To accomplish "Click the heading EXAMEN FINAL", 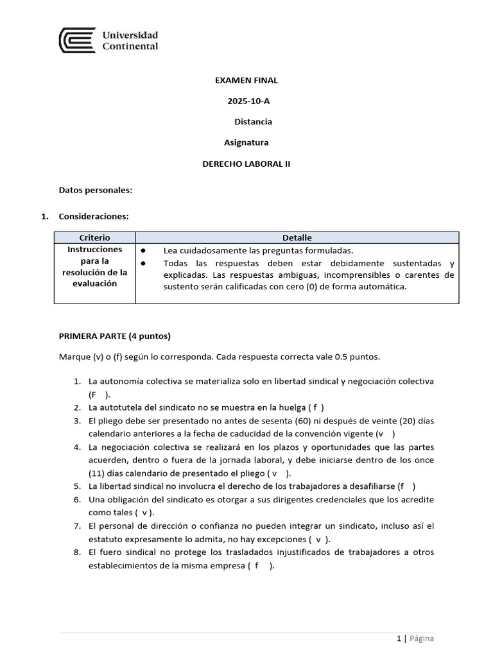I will (246, 80).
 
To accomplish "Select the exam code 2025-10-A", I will (246, 101).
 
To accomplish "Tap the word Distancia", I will (253, 121).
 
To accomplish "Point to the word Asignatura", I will (246, 142).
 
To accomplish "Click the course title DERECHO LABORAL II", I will (246, 164).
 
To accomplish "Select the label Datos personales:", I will (96, 190).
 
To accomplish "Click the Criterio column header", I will (94, 237).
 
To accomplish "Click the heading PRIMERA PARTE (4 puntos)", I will (115, 336).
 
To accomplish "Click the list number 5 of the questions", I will (76, 486).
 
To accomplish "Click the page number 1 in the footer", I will (399, 638).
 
